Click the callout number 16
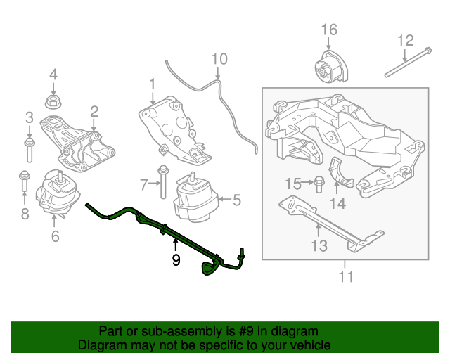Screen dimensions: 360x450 tap(329, 30)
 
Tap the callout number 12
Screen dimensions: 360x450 tap(406, 40)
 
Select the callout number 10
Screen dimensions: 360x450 tap(219, 59)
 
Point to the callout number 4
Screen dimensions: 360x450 tap(53, 75)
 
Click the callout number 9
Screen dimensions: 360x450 tap(175, 260)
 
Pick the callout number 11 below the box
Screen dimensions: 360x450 tap(345, 276)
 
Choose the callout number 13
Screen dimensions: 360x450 tap(319, 245)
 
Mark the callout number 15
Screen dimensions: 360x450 tap(293, 184)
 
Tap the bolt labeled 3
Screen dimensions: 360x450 tap(29, 149)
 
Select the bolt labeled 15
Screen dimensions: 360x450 tap(317, 184)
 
